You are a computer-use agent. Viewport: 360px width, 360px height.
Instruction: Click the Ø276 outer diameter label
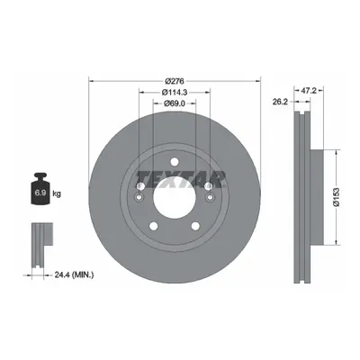[x=175, y=81]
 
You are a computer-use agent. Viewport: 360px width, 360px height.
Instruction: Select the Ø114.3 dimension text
[x=175, y=92]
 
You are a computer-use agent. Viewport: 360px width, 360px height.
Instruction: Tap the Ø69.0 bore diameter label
[x=175, y=103]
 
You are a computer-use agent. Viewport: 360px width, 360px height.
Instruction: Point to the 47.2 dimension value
[x=309, y=91]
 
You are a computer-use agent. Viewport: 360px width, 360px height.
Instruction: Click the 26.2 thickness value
[x=280, y=102]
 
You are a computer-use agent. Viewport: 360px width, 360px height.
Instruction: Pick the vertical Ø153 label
[x=337, y=197]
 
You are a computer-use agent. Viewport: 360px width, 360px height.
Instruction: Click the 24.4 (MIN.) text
[x=74, y=274]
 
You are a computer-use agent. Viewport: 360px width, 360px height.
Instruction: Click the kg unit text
[x=57, y=193]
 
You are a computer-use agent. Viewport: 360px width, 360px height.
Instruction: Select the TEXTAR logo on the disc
[x=181, y=179]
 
